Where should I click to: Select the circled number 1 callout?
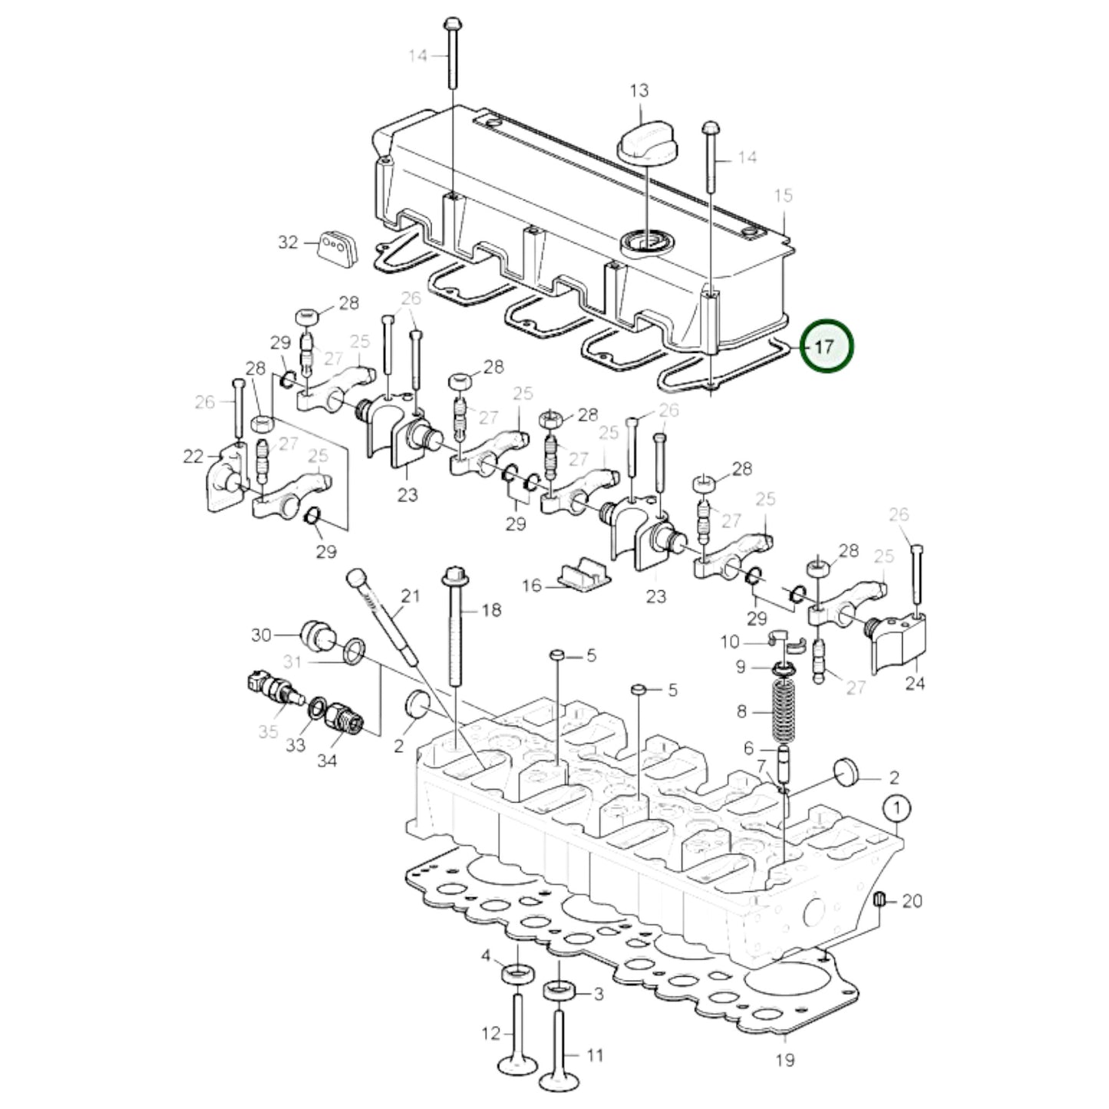[897, 808]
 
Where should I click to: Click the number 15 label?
[782, 196]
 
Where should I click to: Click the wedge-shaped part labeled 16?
[584, 576]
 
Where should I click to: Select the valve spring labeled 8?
[781, 710]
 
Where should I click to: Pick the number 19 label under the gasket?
[784, 1061]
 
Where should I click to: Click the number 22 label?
[193, 457]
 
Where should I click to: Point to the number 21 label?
[411, 596]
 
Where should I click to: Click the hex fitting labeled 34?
[342, 719]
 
